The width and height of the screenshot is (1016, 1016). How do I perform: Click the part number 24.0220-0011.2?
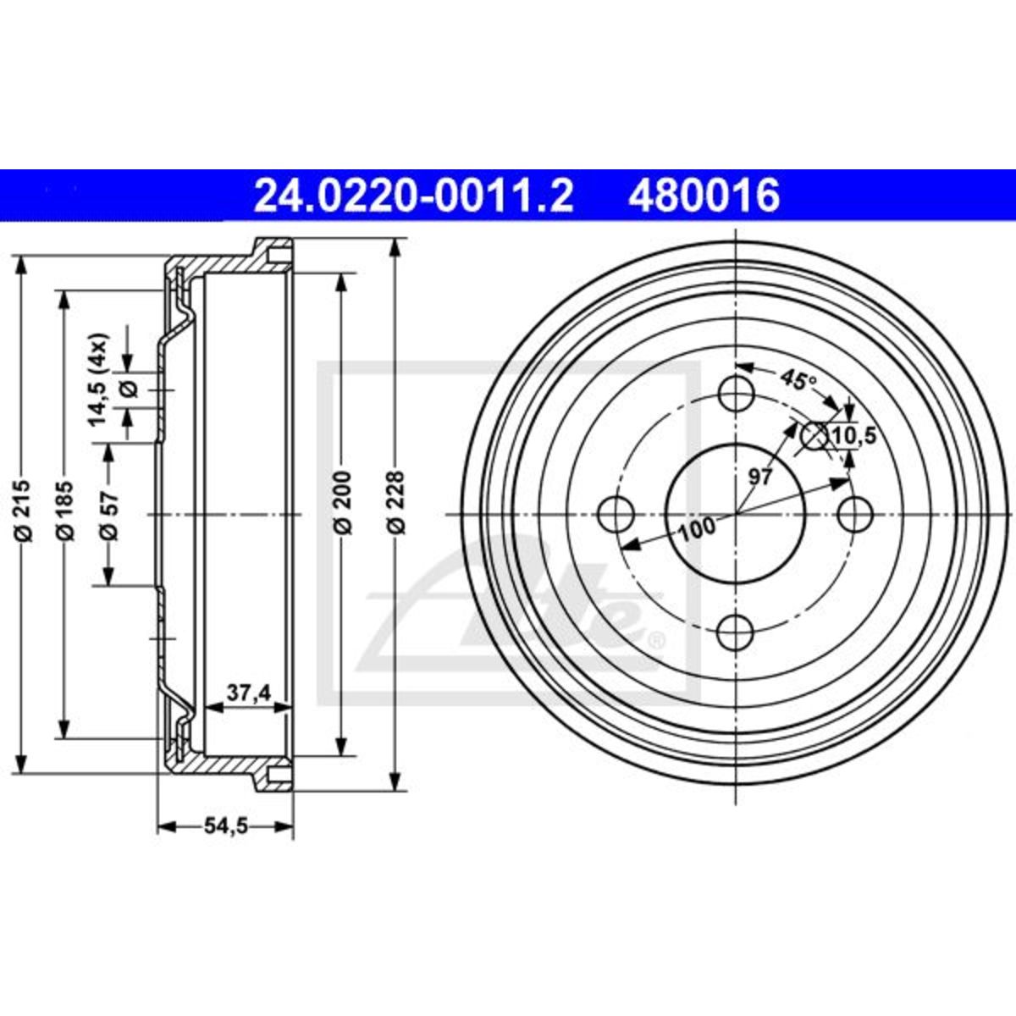coord(413,196)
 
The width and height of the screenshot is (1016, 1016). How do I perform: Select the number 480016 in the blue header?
coord(704,196)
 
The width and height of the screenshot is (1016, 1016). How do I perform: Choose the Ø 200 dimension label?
coord(343,502)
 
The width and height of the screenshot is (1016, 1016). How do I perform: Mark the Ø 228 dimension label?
coord(396,502)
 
